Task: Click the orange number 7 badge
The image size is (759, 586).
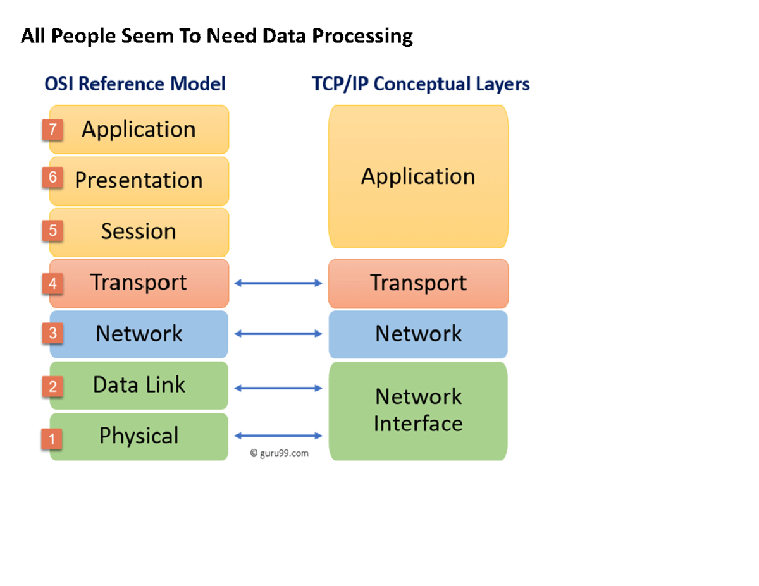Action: pyautogui.click(x=52, y=130)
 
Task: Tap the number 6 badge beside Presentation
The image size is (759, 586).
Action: pyautogui.click(x=52, y=178)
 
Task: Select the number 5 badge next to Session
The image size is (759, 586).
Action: pyautogui.click(x=52, y=231)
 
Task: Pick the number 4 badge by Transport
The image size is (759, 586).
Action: pyautogui.click(x=52, y=284)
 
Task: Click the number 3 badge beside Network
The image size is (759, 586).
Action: pyautogui.click(x=52, y=334)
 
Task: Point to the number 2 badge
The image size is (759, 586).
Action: pyautogui.click(x=52, y=386)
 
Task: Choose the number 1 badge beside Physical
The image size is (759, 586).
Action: pyautogui.click(x=52, y=438)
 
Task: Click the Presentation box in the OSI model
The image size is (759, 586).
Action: pyautogui.click(x=139, y=181)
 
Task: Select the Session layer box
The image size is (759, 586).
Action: pyautogui.click(x=139, y=232)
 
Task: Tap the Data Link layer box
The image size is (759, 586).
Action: pyautogui.click(x=139, y=385)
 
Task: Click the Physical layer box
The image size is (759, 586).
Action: pyautogui.click(x=139, y=436)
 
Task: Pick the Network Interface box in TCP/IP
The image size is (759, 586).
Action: pyautogui.click(x=418, y=410)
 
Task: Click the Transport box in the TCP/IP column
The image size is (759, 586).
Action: pyautogui.click(x=418, y=283)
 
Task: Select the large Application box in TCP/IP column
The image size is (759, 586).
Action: pyautogui.click(x=418, y=176)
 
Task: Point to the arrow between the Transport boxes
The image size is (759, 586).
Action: pyautogui.click(x=278, y=283)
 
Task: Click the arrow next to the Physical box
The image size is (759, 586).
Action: pyautogui.click(x=278, y=435)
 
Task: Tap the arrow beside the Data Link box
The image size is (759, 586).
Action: pyautogui.click(x=278, y=388)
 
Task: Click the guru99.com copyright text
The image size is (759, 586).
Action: pyautogui.click(x=280, y=453)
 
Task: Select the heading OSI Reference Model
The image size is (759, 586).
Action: pyautogui.click(x=135, y=84)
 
